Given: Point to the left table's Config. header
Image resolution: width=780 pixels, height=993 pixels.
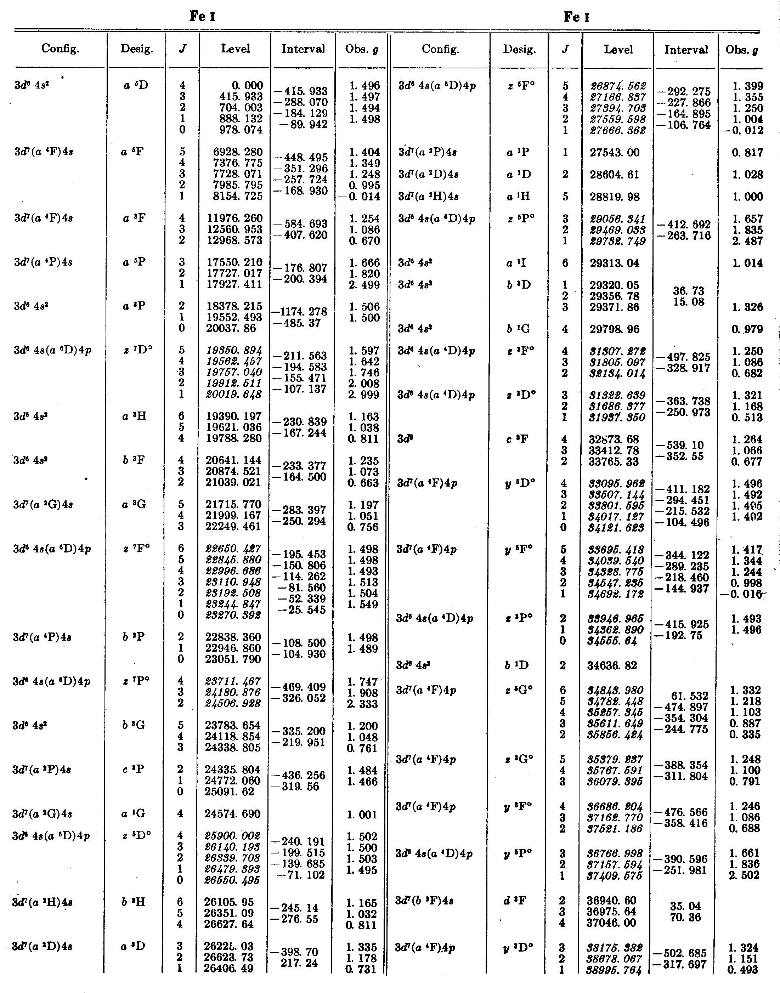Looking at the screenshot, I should [60, 49].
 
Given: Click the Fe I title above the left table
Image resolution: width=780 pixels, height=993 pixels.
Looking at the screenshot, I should [202, 17].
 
